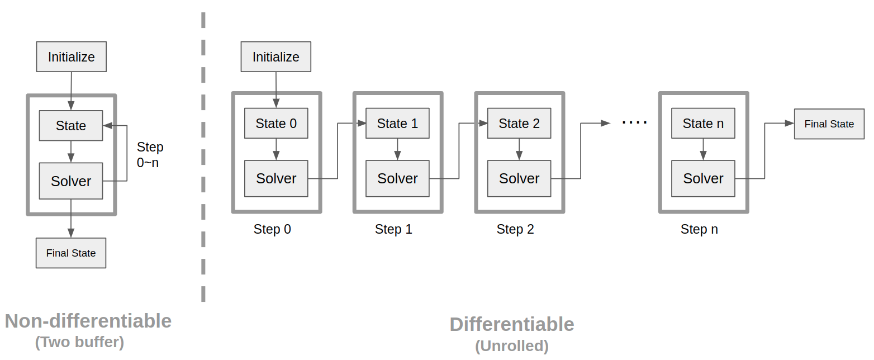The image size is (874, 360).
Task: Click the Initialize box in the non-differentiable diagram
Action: (x=71, y=56)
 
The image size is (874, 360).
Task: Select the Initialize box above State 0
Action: (x=275, y=56)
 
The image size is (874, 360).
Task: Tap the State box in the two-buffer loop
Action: (x=71, y=125)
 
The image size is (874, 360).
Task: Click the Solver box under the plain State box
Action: (x=71, y=181)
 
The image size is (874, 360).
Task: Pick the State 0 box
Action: (x=276, y=123)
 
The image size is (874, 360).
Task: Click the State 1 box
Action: (x=397, y=123)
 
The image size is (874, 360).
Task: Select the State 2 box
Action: (x=519, y=123)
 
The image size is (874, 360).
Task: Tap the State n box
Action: (x=703, y=123)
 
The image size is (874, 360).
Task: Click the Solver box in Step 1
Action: (x=397, y=178)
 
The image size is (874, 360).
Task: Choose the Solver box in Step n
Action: (x=703, y=178)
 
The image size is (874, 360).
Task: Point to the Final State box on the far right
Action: (x=829, y=124)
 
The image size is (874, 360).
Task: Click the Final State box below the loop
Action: (x=71, y=253)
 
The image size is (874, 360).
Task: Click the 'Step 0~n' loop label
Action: (x=150, y=155)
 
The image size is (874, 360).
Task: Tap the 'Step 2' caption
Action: (x=515, y=229)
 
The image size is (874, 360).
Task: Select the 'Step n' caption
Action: (x=699, y=229)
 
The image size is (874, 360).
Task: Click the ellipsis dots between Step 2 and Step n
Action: (x=634, y=122)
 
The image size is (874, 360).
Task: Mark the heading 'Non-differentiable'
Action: (x=88, y=321)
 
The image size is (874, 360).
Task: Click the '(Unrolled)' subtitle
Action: (x=512, y=346)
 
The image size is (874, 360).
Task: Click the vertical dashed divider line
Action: (x=203, y=168)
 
